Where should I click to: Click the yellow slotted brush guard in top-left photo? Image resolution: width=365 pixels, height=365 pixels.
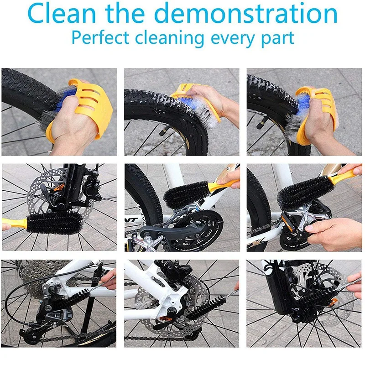point(94,103)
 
